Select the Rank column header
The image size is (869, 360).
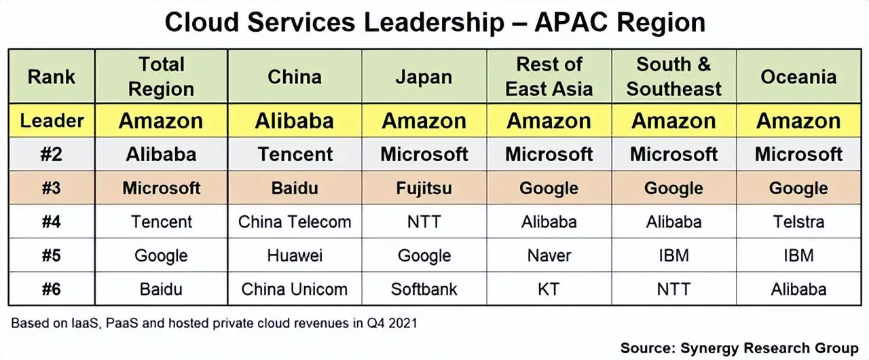coord(51,77)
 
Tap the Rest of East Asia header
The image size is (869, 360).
coord(549,77)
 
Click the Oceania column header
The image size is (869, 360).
coord(798,77)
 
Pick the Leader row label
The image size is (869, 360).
coord(52,121)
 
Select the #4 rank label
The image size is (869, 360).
coord(51,222)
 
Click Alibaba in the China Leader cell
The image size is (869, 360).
coord(295,121)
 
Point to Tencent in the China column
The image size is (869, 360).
coord(295,154)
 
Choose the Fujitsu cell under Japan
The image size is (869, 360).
coord(424,189)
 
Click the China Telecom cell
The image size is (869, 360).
coord(295,222)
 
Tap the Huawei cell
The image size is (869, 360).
coord(295,255)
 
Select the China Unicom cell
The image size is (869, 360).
coord(294,289)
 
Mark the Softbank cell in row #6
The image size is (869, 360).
coord(424,289)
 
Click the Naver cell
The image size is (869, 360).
coord(549,255)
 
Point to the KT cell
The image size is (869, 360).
coord(549,289)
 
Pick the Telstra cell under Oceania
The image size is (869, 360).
coord(798,222)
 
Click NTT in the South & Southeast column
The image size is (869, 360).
coord(673,289)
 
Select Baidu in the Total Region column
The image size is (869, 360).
coord(161,289)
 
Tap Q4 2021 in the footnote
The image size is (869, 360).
coord(392,323)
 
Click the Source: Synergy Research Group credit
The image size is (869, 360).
coord(739,348)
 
